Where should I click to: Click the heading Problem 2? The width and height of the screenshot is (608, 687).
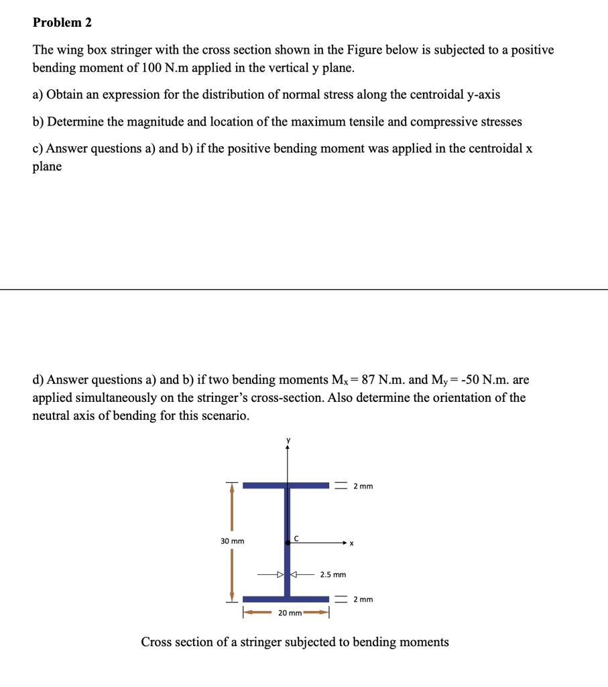point(62,22)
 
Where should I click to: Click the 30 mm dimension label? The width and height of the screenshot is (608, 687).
point(233,541)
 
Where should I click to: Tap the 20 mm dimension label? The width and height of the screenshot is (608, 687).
point(290,613)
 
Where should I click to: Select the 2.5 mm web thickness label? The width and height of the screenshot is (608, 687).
point(332,575)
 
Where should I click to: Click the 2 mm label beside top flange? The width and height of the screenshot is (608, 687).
point(363,485)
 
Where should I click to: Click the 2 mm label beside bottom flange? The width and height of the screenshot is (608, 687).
point(363,598)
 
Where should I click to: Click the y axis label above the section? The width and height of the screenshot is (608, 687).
point(288,440)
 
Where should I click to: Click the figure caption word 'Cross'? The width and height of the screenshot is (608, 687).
point(158,642)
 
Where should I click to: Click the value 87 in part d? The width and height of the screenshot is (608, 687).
point(368,380)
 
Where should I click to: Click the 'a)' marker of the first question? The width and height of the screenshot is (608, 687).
point(38,95)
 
